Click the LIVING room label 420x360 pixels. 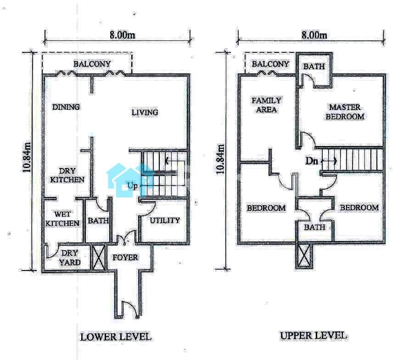coord(145,112)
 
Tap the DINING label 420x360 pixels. coord(66,107)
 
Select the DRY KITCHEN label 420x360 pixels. coord(67,175)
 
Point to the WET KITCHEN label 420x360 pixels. coord(62,219)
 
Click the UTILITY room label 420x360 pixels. coord(165,220)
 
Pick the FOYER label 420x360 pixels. coord(125,258)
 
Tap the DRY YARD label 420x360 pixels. coord(70,258)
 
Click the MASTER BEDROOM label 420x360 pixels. coord(345,112)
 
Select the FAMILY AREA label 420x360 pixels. coord(266,105)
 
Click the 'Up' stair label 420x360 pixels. coord(132,186)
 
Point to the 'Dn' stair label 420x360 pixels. coord(312,161)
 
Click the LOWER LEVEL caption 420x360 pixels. coord(116,337)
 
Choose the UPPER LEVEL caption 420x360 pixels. coord(314,335)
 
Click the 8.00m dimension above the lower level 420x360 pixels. coord(123,35)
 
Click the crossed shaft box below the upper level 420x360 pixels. coord(304,256)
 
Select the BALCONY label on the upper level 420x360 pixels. coord(270,64)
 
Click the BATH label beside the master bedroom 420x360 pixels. coord(314,67)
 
